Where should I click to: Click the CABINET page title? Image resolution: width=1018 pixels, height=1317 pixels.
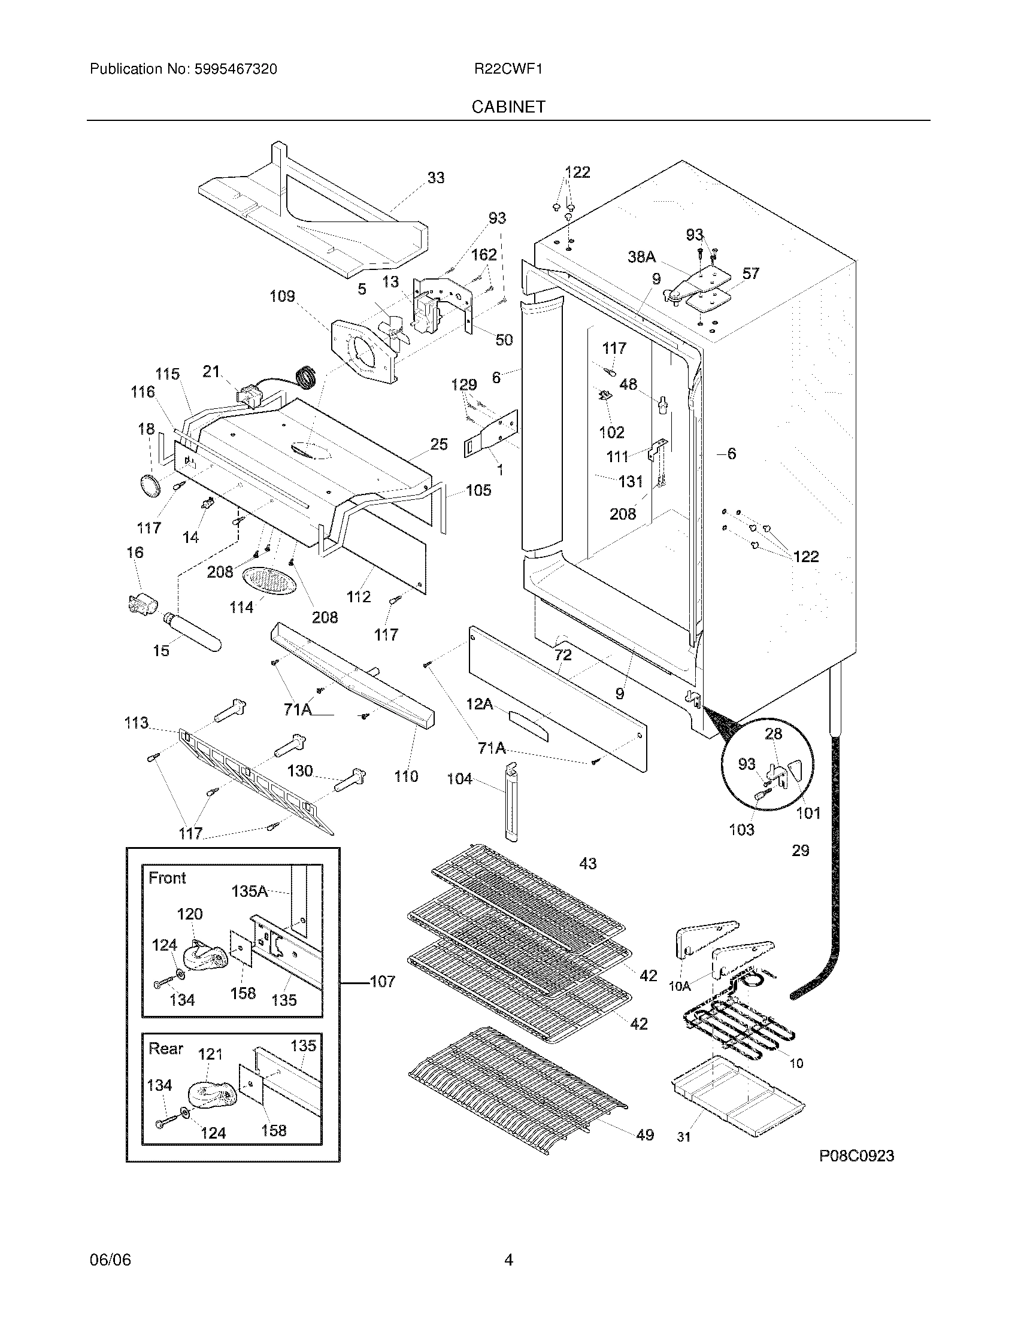(x=508, y=107)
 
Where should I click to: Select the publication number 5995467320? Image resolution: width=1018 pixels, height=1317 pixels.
(x=235, y=69)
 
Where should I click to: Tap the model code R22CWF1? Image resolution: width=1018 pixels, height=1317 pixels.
(x=508, y=69)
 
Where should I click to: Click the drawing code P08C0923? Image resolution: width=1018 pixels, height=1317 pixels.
(x=856, y=1155)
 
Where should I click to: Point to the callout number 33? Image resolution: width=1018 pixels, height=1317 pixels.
(x=435, y=178)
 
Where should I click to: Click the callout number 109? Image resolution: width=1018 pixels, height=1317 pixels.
(x=282, y=296)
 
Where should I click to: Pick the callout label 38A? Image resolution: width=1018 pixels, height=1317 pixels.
(x=642, y=257)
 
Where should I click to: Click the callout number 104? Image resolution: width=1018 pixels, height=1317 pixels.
(x=459, y=779)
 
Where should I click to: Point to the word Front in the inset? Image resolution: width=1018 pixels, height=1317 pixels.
(x=168, y=878)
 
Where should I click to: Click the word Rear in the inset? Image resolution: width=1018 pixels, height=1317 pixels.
(x=166, y=1048)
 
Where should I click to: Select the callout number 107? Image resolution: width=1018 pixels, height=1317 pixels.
(x=383, y=981)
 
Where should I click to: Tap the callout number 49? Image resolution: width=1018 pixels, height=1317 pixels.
(x=645, y=1134)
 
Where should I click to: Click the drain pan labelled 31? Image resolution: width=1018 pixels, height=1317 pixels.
(x=737, y=1101)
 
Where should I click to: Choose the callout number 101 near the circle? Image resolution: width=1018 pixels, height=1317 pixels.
(x=808, y=813)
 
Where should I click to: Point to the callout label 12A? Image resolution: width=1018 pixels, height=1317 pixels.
(x=480, y=704)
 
